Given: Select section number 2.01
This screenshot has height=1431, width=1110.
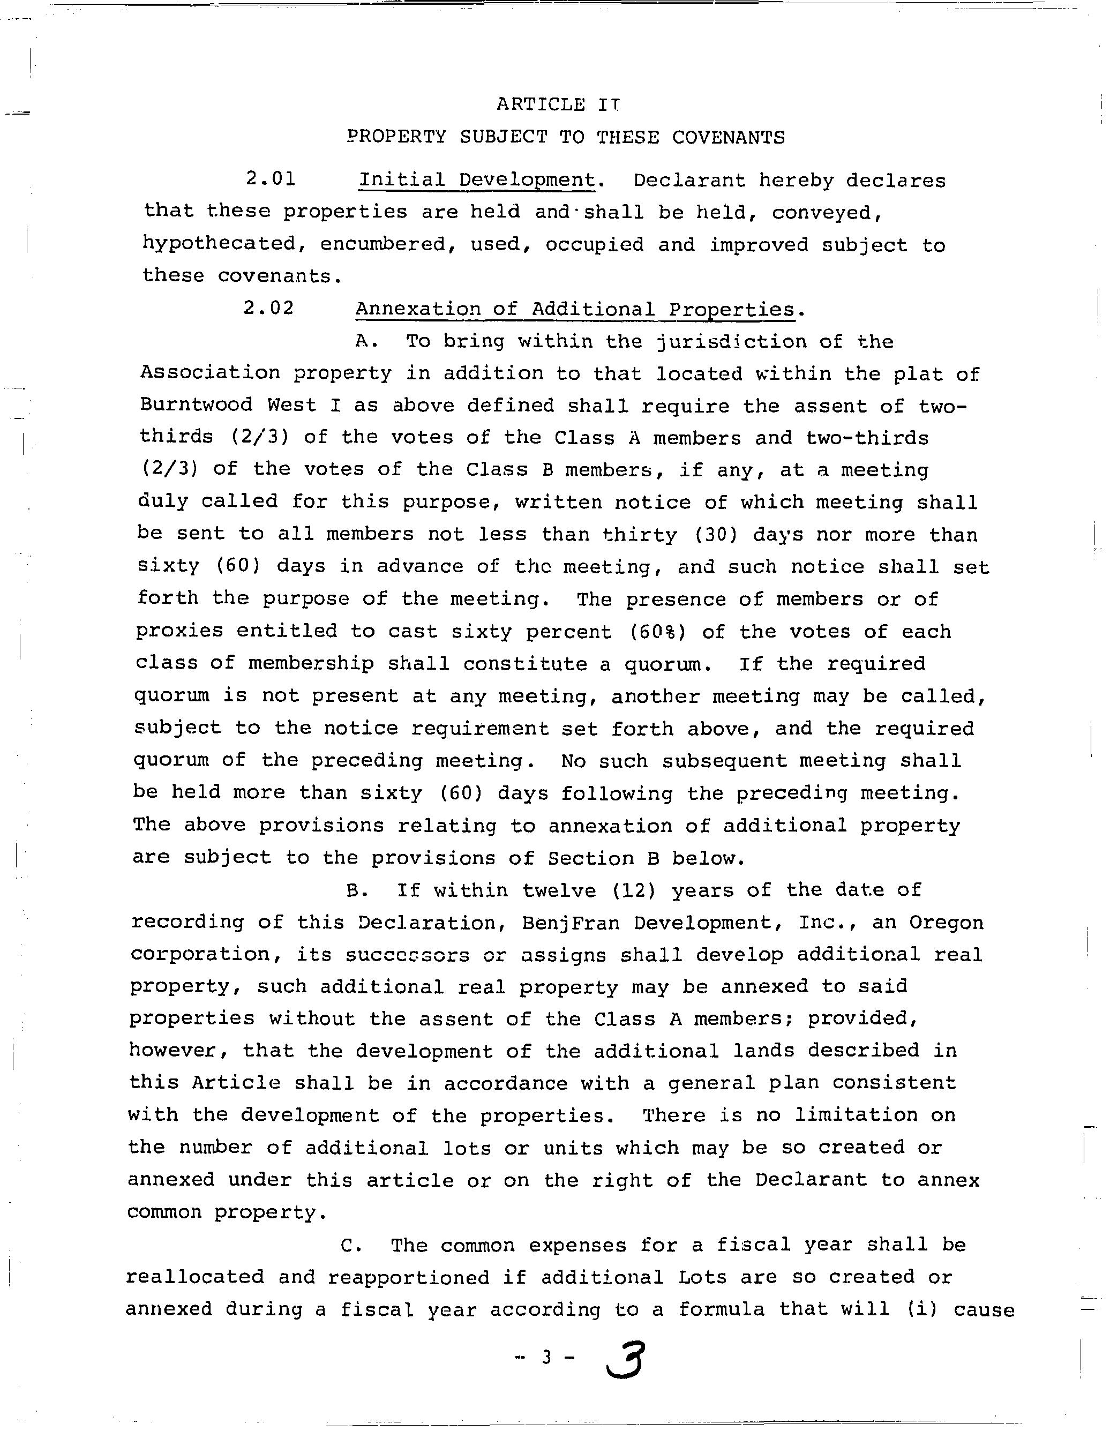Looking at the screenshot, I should click(271, 179).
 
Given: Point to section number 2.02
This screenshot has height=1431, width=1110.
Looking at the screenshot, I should click(268, 308).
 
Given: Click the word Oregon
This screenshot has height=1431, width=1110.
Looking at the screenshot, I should click(946, 923).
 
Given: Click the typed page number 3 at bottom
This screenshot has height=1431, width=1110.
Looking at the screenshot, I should click(546, 1358).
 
